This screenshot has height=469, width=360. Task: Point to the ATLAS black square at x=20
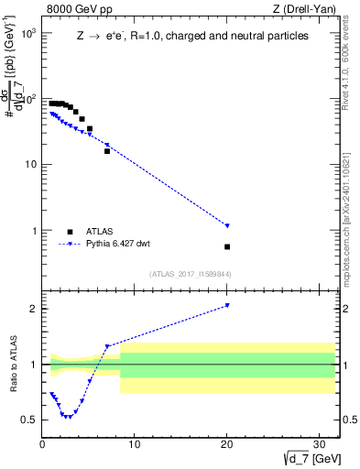click(x=227, y=246)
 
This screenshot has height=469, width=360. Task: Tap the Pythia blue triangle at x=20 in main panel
click(x=227, y=225)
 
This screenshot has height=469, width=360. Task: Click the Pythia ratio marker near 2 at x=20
click(x=227, y=305)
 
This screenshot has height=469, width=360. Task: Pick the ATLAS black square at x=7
click(x=107, y=150)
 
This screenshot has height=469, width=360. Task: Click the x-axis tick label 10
click(x=135, y=444)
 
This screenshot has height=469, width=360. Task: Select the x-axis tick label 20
click(x=227, y=444)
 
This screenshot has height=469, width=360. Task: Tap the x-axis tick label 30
click(x=319, y=444)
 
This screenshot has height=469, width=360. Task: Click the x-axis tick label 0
click(x=43, y=444)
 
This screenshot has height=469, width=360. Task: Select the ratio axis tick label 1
click(x=33, y=365)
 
